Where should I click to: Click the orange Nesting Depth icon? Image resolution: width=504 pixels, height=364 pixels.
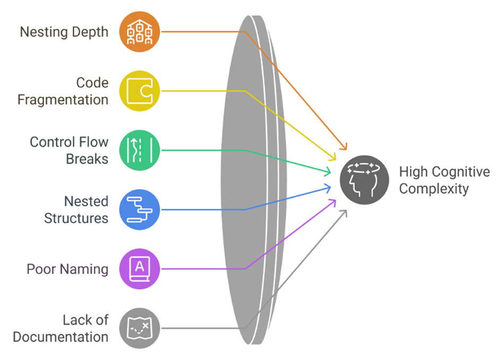click(x=139, y=32)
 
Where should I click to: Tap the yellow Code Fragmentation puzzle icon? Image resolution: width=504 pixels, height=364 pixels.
click(x=139, y=91)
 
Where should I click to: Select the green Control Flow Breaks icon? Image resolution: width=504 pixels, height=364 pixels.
click(x=139, y=150)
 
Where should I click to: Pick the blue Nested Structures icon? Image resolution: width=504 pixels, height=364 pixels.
click(x=139, y=209)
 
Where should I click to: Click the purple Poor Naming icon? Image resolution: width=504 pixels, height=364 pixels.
click(x=139, y=269)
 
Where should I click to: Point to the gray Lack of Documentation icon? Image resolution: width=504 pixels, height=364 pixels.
click(x=139, y=328)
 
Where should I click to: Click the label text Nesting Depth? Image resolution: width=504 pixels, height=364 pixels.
click(x=64, y=32)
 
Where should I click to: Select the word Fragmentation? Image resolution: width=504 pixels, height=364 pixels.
click(x=63, y=99)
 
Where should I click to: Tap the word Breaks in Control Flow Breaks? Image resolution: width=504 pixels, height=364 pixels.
click(x=87, y=159)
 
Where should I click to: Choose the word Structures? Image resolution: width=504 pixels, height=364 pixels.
click(x=76, y=218)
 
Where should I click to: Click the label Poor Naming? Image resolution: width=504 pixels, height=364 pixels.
click(x=67, y=269)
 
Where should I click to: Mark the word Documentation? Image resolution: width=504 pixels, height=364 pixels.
click(x=60, y=337)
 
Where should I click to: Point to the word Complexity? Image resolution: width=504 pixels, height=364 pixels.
click(x=434, y=189)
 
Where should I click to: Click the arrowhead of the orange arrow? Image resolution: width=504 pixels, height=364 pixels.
click(x=344, y=148)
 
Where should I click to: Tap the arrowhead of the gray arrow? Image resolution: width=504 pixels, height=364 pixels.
click(x=345, y=212)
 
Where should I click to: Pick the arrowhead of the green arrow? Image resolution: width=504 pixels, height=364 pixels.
click(x=329, y=172)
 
